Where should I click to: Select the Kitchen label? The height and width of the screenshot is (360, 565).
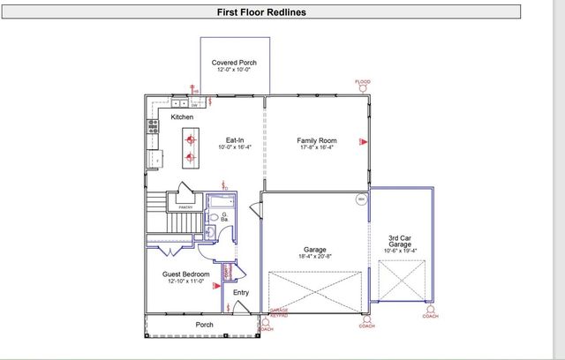click(182, 116)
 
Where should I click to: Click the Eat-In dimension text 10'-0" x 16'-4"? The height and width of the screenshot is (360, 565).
click(235, 148)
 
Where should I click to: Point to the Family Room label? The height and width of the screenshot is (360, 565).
click(316, 140)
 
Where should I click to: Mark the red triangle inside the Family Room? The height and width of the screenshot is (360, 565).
click(360, 141)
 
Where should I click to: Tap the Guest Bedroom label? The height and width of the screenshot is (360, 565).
click(185, 274)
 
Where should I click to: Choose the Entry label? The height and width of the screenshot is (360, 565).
click(241, 292)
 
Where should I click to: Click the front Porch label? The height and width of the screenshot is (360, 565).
click(204, 325)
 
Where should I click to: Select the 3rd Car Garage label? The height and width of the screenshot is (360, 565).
click(403, 240)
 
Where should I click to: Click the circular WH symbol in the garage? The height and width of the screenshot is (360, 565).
click(361, 199)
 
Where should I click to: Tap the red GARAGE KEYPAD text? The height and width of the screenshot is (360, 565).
click(279, 313)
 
